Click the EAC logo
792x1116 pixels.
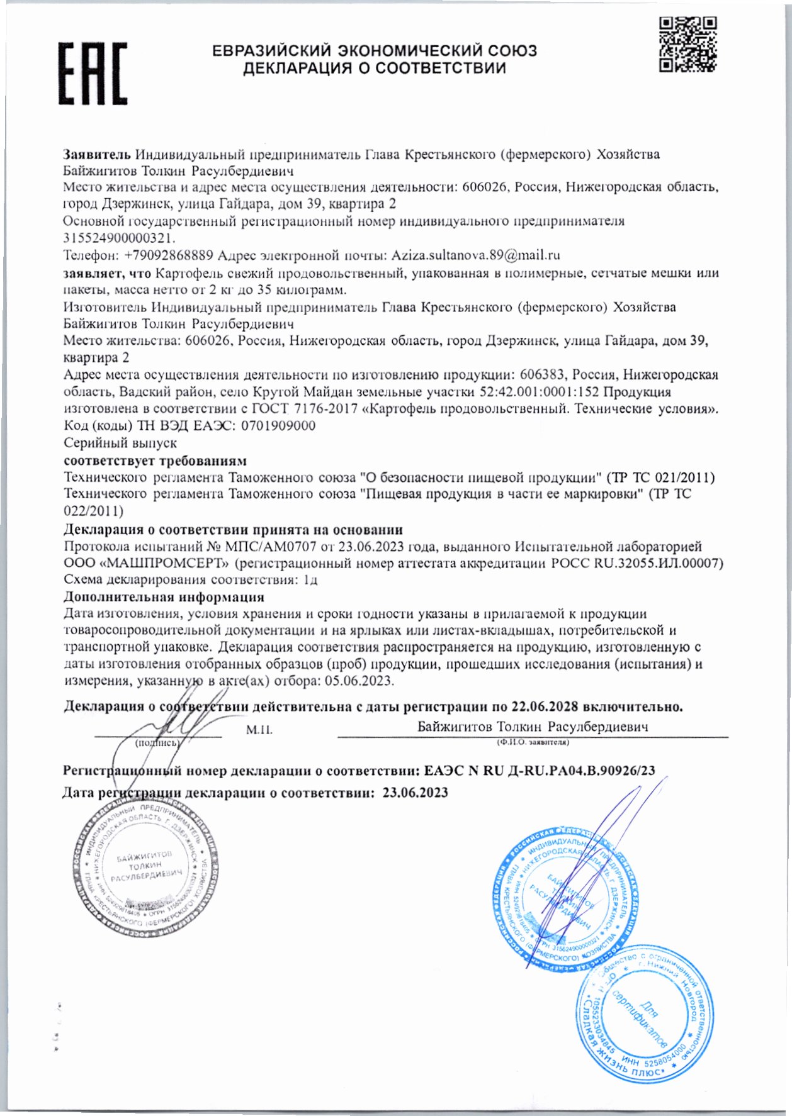coord(93,73)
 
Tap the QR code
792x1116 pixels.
coord(687,45)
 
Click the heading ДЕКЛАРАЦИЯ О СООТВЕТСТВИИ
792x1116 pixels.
coord(374,69)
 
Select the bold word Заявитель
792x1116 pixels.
coord(97,154)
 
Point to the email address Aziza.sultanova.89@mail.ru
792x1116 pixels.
coord(475,255)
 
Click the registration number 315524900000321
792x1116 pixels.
coord(119,238)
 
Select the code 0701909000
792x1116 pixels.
coord(278,426)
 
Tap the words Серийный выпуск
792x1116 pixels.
coord(120,443)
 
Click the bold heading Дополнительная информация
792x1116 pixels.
coord(164,596)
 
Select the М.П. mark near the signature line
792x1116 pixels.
coord(259,730)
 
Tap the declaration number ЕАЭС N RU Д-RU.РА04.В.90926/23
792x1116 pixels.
coord(540,771)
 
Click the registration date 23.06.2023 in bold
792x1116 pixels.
coord(415,793)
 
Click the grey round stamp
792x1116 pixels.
coord(145,871)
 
